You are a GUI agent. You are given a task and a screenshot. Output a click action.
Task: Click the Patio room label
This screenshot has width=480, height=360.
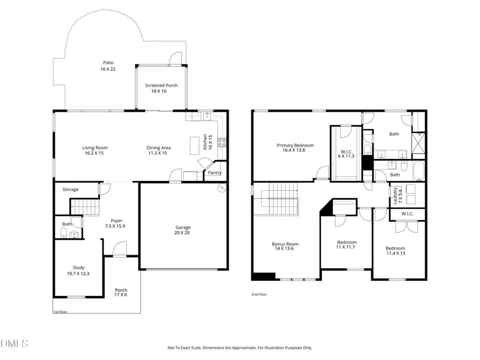(108, 63)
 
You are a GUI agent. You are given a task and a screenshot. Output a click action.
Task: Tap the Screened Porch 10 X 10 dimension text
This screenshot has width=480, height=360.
(159, 91)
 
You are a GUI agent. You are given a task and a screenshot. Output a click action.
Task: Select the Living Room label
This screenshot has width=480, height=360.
(95, 148)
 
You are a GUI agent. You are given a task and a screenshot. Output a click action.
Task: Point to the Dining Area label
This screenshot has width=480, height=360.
(159, 148)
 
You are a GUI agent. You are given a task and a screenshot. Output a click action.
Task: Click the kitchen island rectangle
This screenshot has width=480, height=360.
(194, 146)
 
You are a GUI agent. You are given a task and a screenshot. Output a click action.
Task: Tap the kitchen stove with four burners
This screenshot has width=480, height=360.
(222, 142)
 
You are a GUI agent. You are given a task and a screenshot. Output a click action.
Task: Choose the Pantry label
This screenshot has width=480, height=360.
(215, 173)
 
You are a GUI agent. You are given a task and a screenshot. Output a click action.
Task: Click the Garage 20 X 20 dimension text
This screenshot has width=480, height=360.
(182, 233)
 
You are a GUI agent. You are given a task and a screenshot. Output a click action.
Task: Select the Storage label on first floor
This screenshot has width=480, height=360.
(70, 190)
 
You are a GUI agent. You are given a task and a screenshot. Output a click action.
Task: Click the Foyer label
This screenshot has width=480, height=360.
(116, 221)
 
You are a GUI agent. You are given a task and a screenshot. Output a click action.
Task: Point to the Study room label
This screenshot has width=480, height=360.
(79, 268)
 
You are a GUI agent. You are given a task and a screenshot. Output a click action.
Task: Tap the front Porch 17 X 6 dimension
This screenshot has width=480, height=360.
(120, 294)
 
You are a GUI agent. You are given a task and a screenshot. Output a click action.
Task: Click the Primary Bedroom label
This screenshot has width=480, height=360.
(295, 145)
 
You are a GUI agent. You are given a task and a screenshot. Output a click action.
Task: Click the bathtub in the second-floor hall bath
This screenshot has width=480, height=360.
(418, 171)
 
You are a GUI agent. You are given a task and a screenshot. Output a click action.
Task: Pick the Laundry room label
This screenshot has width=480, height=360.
(395, 196)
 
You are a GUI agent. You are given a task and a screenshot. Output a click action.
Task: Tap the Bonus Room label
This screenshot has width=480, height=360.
(285, 244)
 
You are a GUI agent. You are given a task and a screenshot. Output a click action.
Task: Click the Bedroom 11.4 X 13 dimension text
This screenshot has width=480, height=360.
(396, 253)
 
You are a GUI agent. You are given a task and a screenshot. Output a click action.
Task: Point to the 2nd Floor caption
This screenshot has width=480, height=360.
(259, 294)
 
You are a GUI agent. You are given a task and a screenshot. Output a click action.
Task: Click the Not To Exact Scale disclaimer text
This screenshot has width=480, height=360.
(240, 348)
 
